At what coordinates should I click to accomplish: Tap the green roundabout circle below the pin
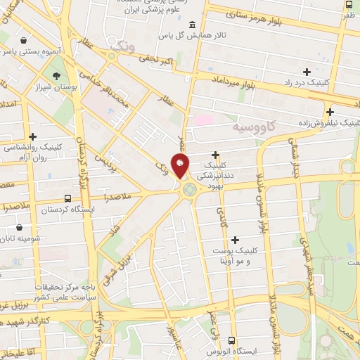click(189, 188)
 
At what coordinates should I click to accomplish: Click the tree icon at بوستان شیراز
click(56, 76)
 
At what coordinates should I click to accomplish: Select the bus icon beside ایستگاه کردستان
click(67, 199)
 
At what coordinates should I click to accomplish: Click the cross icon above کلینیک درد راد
click(307, 71)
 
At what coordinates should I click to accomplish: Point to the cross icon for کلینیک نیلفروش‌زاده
click(330, 111)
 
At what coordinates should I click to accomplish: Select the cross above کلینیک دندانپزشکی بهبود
click(215, 155)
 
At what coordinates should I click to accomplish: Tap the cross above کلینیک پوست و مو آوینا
click(235, 240)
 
